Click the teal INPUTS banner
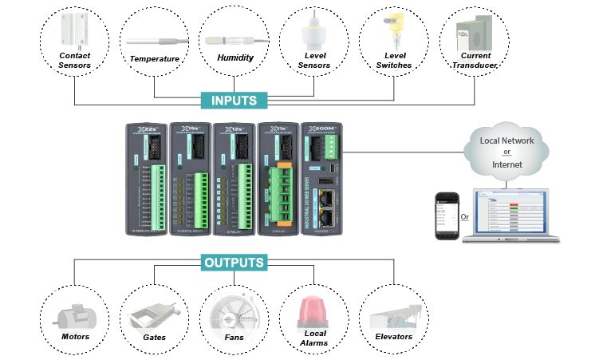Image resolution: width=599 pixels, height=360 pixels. click(234, 101)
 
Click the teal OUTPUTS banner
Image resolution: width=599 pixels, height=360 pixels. click(233, 262)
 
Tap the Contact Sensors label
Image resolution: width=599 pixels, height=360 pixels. click(75, 60)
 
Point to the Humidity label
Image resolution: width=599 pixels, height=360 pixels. click(234, 57)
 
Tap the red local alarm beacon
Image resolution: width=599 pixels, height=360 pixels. click(313, 309)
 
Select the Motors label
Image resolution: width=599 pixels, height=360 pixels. click(75, 337)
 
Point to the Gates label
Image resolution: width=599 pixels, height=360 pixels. click(155, 337)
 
